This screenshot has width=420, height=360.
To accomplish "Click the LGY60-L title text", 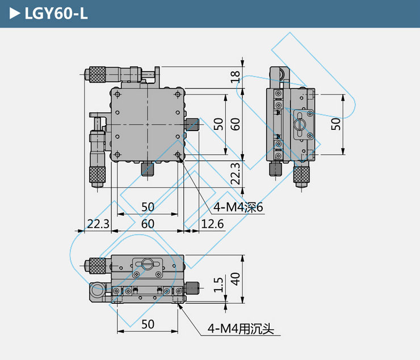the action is click(x=56, y=14).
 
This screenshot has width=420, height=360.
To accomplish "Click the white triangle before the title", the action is click(x=15, y=14).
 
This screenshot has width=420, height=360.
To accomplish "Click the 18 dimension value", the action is click(x=235, y=77).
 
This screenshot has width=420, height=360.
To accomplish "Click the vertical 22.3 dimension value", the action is click(x=235, y=173).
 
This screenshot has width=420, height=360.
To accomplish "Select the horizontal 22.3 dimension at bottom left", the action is click(x=98, y=224).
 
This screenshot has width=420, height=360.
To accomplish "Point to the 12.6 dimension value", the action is click(x=212, y=224).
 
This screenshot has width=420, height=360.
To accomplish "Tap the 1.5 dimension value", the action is click(x=219, y=285).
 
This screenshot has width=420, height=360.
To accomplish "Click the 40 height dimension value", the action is click(x=235, y=279).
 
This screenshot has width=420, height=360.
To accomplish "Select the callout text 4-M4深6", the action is click(x=238, y=207).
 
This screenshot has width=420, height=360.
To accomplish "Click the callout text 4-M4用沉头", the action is click(x=241, y=329).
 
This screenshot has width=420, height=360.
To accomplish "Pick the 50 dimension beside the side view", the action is click(x=335, y=124).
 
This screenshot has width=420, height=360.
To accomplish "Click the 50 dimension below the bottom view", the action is click(x=148, y=324).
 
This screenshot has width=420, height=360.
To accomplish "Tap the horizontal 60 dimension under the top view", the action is click(x=148, y=224).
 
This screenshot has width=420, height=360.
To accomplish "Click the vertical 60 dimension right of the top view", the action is click(x=235, y=124).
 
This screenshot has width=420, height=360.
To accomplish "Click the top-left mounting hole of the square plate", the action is click(x=117, y=95).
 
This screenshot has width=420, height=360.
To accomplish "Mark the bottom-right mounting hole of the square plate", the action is click(x=178, y=155).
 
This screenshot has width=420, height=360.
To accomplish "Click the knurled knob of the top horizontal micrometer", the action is click(x=97, y=74).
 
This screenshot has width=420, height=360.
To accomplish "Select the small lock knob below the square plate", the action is click(x=148, y=169).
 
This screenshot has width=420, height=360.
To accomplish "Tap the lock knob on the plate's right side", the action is click(x=192, y=125).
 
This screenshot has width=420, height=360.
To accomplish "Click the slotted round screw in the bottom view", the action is click(x=147, y=264).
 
